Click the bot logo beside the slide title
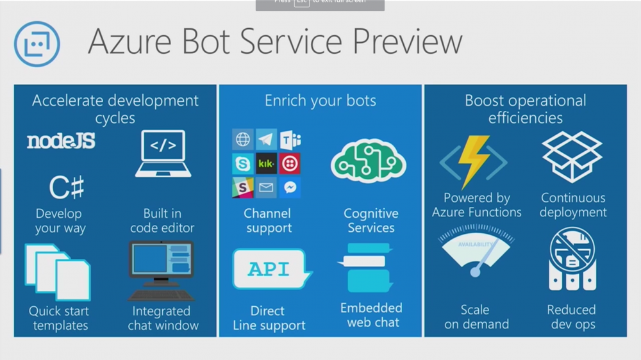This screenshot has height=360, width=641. [37, 44]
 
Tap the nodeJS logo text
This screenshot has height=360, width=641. [61, 141]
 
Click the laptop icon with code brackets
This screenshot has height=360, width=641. [163, 154]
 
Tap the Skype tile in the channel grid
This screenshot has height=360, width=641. [242, 164]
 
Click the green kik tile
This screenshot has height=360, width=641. [266, 164]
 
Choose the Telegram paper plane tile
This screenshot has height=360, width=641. [266, 140]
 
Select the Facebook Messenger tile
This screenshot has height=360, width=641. [290, 188]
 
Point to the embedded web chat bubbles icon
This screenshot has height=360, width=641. [366, 268]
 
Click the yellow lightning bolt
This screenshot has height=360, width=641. [476, 161]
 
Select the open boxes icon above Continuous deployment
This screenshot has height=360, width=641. [572, 157]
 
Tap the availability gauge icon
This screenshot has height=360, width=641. [476, 257]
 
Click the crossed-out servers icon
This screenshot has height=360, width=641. [572, 258]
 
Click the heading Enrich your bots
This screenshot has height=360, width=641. [320, 101]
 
